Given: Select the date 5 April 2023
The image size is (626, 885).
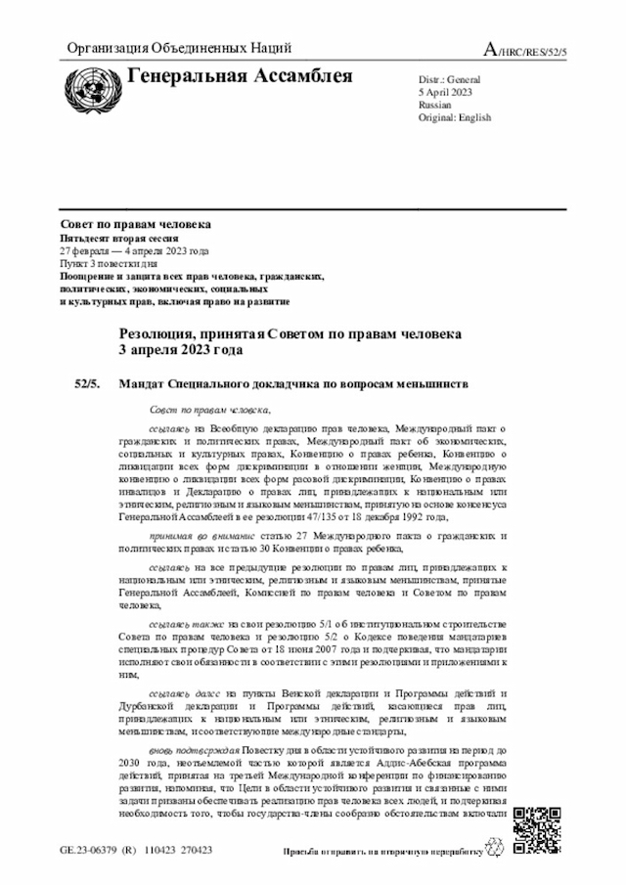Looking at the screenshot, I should click(445, 91).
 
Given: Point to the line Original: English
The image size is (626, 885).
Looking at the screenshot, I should click(455, 117).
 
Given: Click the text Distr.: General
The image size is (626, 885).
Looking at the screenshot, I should click(450, 78).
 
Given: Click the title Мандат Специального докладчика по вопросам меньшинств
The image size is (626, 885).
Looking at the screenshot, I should click(293, 383).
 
